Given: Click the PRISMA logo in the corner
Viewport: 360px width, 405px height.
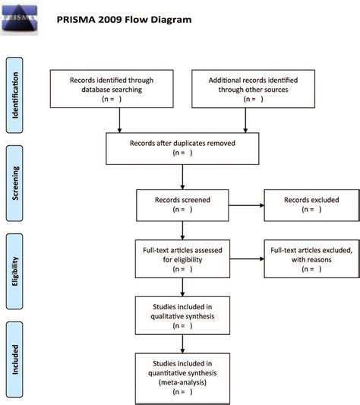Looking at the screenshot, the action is [x=20, y=18].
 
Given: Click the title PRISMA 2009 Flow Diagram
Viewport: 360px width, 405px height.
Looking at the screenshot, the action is [x=124, y=20].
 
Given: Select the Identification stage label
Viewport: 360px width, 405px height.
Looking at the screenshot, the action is [x=14, y=95].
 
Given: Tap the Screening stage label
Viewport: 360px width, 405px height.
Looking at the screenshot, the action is [x=14, y=183].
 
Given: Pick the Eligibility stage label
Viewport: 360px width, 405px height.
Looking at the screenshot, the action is [x=14, y=271].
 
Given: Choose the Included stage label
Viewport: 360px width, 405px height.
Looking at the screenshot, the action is [x=14, y=359].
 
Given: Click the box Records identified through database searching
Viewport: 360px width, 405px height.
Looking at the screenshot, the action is [x=112, y=89].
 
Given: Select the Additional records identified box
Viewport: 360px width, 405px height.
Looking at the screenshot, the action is [x=253, y=89].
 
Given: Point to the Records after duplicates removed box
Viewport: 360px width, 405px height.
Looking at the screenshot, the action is [x=182, y=148].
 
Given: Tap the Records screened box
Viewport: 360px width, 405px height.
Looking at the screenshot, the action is [x=182, y=205].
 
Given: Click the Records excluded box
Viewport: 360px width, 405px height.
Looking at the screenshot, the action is [x=311, y=205].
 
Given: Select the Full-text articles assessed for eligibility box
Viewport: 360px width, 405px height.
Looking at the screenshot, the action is [x=182, y=259].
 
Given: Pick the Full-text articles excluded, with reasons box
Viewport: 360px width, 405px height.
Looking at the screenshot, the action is [x=311, y=259].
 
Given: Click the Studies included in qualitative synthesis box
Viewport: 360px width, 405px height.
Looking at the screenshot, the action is [x=182, y=315].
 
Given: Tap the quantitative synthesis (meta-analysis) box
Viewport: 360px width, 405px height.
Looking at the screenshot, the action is [x=182, y=378].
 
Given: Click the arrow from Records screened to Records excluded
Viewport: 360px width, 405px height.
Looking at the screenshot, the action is [x=246, y=205].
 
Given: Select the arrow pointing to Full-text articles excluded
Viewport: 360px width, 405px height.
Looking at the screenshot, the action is [x=247, y=259].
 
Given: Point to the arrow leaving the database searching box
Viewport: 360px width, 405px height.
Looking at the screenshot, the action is [x=119, y=120].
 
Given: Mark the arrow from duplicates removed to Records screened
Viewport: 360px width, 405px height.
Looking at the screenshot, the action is [x=182, y=177].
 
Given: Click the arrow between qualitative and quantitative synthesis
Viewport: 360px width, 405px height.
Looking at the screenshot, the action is [x=182, y=344].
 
